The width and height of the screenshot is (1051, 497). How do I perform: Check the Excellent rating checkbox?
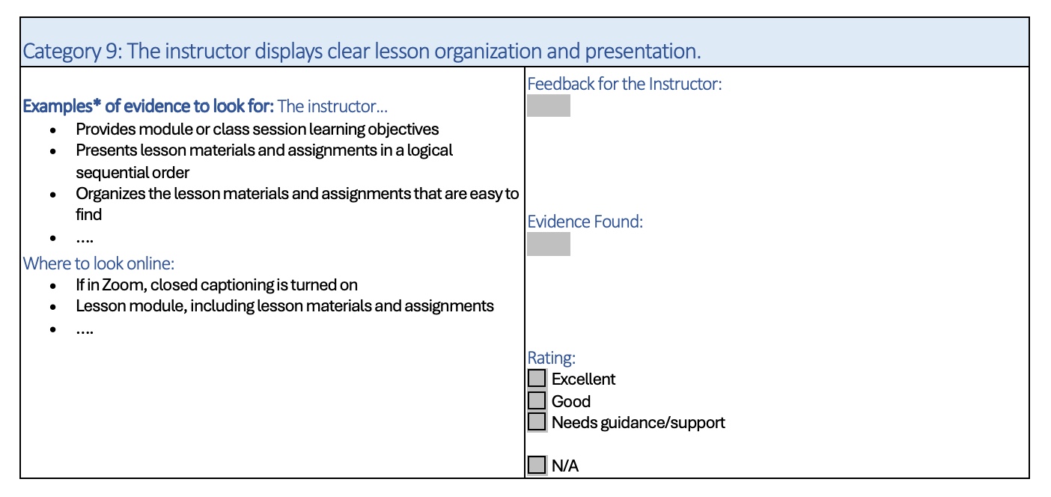[x=537, y=378]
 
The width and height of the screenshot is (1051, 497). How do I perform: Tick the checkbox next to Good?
[x=537, y=400]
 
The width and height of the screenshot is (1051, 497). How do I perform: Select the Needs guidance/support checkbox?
[x=537, y=421]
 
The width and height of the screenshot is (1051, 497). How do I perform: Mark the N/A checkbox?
[x=537, y=465]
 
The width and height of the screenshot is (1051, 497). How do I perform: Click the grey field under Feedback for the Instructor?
[x=549, y=105]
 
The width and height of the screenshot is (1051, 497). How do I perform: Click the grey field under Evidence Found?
[x=549, y=244]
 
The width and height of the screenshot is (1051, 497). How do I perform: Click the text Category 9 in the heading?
[x=73, y=52]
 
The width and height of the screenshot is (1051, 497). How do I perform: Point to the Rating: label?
[x=551, y=358]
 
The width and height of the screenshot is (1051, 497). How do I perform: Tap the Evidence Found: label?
[x=585, y=222]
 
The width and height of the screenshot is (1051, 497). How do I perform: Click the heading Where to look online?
[x=99, y=263]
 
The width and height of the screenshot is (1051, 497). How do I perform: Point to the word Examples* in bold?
[x=62, y=106]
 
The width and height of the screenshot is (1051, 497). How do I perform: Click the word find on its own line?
[x=88, y=215]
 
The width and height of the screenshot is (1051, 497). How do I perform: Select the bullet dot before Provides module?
[x=53, y=130]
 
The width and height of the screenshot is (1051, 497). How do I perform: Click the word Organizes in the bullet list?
[x=111, y=194]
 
